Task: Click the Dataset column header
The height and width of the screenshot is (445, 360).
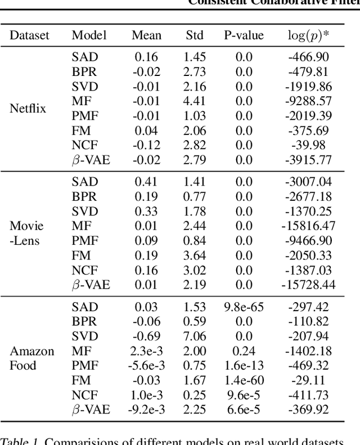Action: point(29,35)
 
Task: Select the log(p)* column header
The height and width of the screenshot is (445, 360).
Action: point(309,35)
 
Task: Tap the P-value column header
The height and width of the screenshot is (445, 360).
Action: point(244,35)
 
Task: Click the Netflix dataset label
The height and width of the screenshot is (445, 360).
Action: point(28,109)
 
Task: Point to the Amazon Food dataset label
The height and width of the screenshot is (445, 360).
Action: point(32,358)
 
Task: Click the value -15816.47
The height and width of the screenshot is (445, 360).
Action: point(308,226)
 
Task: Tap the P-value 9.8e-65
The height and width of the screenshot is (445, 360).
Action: point(244,307)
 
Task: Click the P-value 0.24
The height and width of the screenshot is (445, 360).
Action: point(244,351)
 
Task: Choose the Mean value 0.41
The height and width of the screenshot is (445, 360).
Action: point(146,182)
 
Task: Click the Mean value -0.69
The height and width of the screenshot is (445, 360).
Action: point(146,336)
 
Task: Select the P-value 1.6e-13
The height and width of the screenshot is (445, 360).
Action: point(244,366)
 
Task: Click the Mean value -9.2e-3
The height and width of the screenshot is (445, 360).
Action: point(146,410)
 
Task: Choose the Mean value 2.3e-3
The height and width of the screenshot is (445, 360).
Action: point(146,351)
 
